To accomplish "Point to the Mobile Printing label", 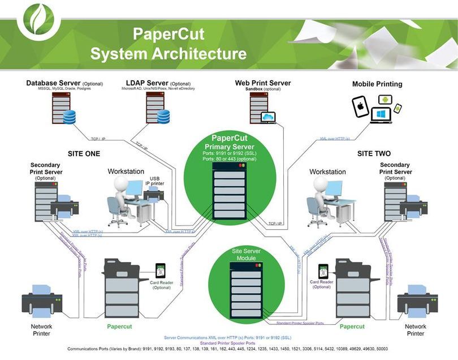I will (x=377, y=84).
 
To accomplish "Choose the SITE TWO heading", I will (x=374, y=153).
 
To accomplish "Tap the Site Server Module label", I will (x=244, y=254).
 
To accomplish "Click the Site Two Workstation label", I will (x=327, y=172).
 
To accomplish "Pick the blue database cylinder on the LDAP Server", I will (x=163, y=117).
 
